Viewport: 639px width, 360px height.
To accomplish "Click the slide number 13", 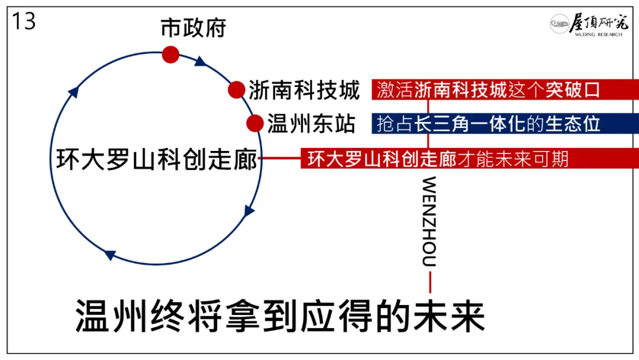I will coord(24,22).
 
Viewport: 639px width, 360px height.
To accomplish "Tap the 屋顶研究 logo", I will coord(586,25).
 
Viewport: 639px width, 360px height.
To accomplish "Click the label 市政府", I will coord(193,27).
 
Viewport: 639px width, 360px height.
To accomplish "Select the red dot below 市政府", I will coord(170,54).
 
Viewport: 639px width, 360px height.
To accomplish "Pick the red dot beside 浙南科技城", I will coord(237,90).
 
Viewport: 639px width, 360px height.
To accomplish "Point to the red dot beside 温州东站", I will coord(254,123).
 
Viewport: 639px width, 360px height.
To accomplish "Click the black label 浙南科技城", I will coord(304,91).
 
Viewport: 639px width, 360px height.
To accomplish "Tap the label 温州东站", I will coord(311,124).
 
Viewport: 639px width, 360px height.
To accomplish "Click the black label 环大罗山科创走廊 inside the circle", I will coord(157,159).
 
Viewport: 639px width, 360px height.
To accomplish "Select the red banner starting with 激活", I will coord(504,90).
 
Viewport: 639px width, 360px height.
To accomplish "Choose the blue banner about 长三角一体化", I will coord(504,123).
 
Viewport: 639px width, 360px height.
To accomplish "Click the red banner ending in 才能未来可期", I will coord(469,159).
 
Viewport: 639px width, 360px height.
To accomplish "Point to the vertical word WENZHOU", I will coord(430,221).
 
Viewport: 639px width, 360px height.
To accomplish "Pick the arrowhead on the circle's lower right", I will coord(249,211).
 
